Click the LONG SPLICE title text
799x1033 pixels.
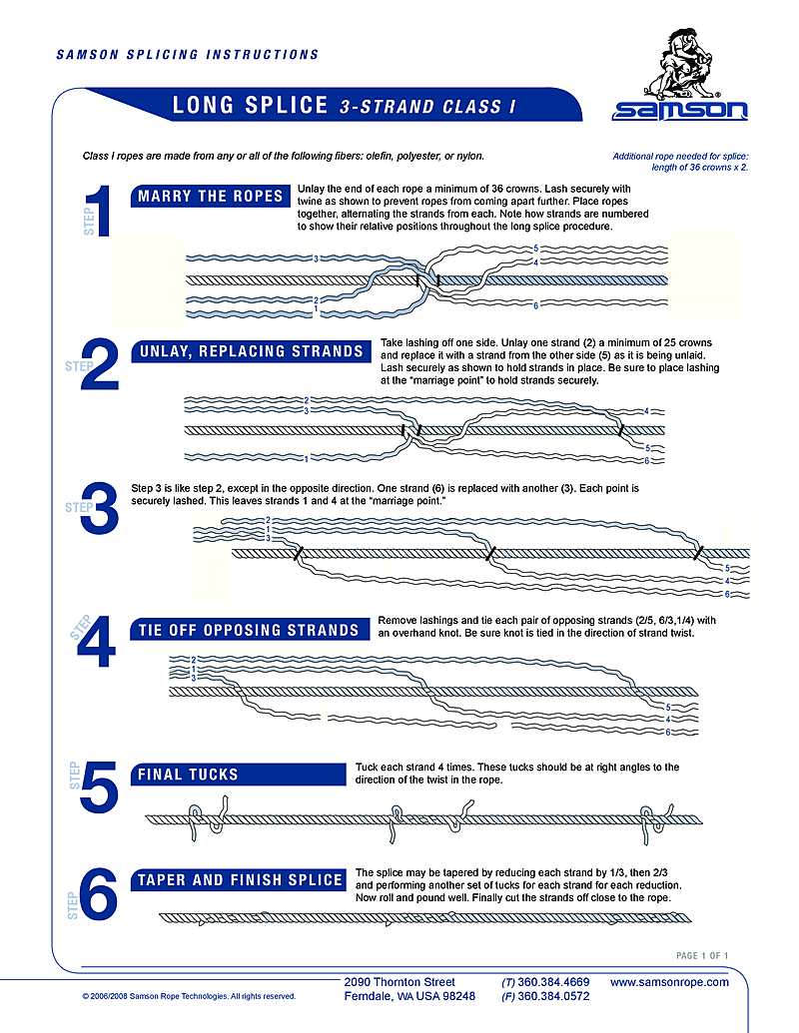pos(251,105)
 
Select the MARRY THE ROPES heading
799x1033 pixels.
pos(211,196)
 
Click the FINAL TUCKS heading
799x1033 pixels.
pos(189,774)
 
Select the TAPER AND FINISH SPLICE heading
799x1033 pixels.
pos(240,879)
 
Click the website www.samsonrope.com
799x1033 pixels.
pos(669,982)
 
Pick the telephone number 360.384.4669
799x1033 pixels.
pos(552,982)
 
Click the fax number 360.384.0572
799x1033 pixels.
pos(552,996)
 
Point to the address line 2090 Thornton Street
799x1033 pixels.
pos(399,982)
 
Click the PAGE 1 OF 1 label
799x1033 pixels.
pos(702,956)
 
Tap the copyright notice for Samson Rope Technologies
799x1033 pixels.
pos(189,996)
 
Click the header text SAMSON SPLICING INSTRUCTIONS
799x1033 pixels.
pos(187,55)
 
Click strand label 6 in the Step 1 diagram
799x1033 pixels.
pos(536,304)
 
